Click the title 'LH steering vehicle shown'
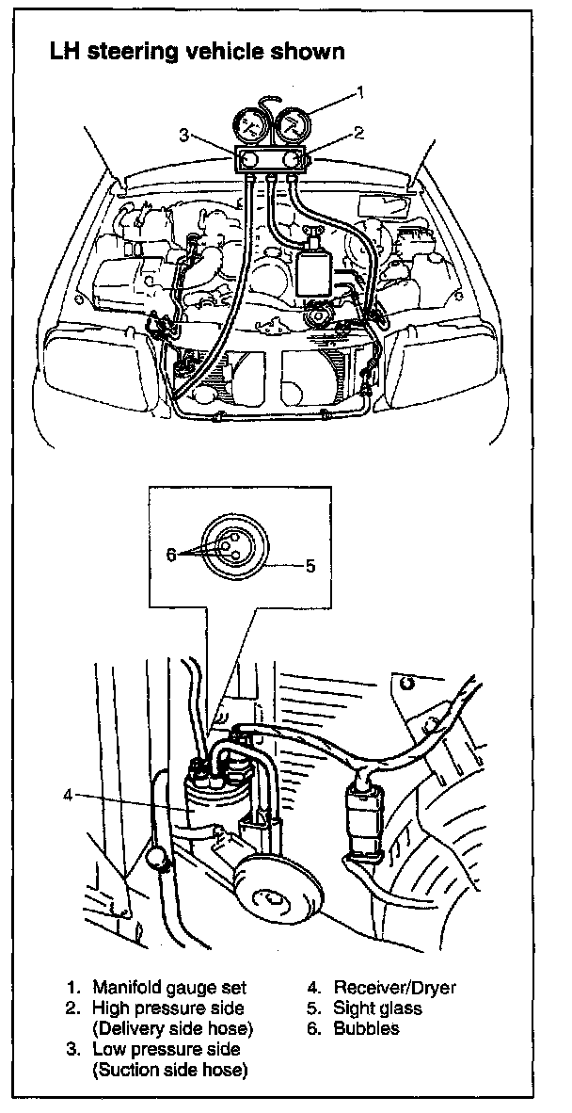(197, 53)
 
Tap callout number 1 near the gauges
(357, 92)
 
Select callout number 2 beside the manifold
(357, 134)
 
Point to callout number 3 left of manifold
(185, 135)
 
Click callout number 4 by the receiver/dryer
(67, 794)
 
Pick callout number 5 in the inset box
(310, 567)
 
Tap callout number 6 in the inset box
(171, 555)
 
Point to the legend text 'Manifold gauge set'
(169, 988)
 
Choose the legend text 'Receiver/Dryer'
(394, 988)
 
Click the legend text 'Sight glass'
(377, 1008)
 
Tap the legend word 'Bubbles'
(366, 1028)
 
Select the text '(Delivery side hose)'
(173, 1028)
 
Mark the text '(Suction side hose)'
(169, 1070)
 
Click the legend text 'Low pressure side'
(167, 1049)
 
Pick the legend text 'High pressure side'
(168, 1008)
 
